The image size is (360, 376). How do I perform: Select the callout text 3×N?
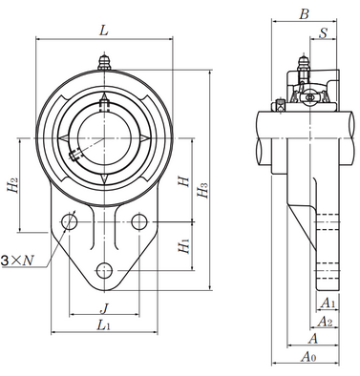(17, 259)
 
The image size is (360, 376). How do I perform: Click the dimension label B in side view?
(304, 13)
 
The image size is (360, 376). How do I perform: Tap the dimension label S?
(324, 34)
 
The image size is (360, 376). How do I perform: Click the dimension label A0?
(307, 356)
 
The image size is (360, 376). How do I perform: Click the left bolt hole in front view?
(69, 222)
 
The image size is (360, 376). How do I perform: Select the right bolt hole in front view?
(141, 222)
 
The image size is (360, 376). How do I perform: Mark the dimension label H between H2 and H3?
(183, 177)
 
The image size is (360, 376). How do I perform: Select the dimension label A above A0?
(313, 338)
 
